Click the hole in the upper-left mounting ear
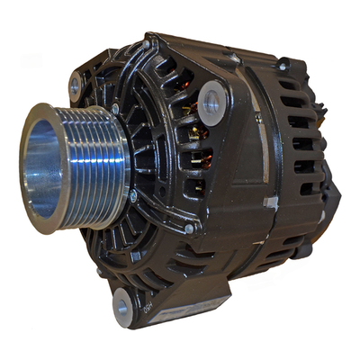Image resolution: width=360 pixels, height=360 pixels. pos(76,85)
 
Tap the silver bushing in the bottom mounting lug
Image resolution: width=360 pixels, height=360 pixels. pos(123,309)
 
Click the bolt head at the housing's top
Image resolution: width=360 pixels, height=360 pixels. pos(147,42)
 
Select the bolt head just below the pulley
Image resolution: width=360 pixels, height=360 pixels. pos(132,195)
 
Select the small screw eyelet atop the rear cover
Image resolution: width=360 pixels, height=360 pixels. pos(283,66)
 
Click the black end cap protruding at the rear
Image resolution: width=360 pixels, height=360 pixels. pos(330,193)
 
